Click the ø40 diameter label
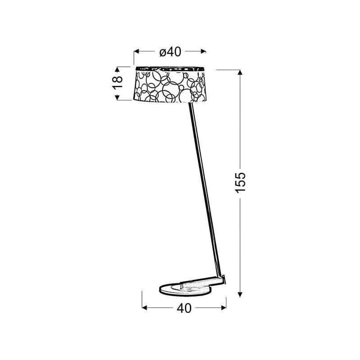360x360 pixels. (171, 52)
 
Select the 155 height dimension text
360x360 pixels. (240, 182)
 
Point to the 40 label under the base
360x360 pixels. (184, 308)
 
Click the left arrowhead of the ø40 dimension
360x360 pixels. (136, 51)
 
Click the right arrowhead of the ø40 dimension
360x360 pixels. (203, 51)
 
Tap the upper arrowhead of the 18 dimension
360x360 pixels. (117, 69)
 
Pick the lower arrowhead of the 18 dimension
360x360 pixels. (117, 97)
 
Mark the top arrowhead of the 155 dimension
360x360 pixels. (240, 72)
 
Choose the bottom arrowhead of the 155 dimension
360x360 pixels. (240, 295)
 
